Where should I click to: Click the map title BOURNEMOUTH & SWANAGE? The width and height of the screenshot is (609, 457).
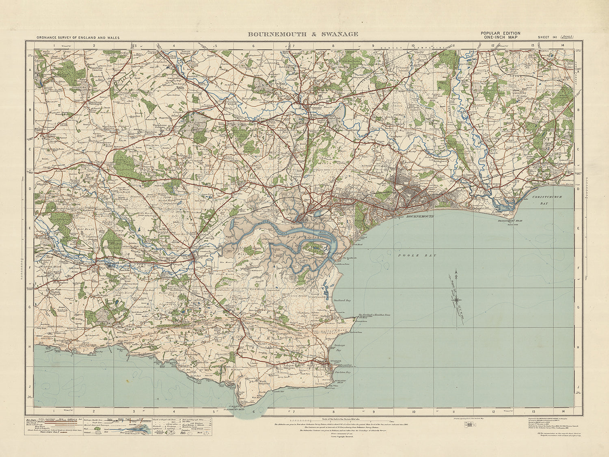(303, 35)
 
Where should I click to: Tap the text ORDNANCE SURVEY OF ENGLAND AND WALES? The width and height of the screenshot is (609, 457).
(78, 37)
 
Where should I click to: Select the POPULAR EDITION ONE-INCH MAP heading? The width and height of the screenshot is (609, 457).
(500, 35)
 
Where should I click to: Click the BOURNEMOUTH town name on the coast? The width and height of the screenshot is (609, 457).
(420, 217)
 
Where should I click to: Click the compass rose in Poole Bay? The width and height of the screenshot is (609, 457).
(457, 300)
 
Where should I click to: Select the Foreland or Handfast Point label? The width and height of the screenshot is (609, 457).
(374, 315)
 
